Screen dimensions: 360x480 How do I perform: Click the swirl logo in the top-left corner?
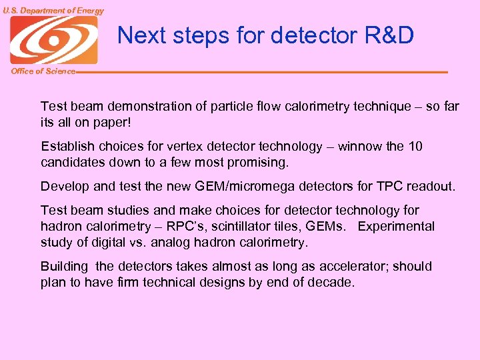point(53,40)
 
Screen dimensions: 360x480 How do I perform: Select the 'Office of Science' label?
point(43,71)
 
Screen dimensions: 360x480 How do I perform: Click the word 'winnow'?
point(361,147)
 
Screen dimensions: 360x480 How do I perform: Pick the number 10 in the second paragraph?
point(415,147)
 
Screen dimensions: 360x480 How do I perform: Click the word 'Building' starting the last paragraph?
point(64,267)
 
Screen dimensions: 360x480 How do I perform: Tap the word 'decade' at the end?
point(332,283)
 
